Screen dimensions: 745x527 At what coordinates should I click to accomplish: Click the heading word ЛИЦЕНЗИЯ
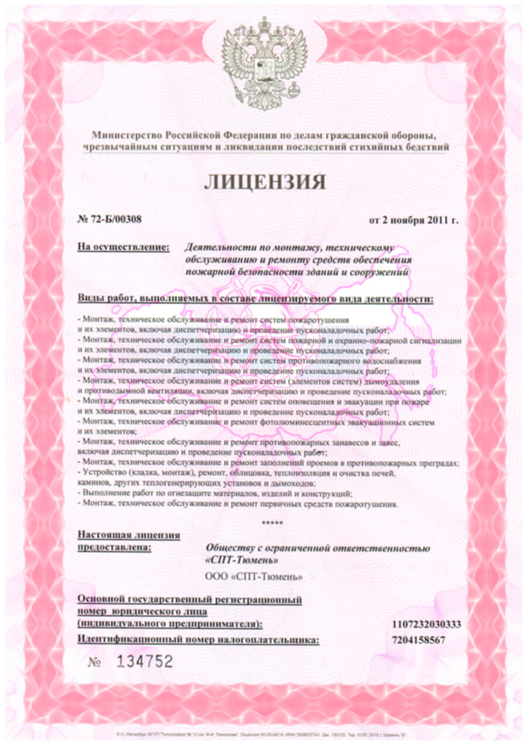tap(265, 182)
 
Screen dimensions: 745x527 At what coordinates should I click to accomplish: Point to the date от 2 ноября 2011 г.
tap(413, 221)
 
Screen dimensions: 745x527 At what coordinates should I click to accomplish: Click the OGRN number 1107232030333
tap(426, 624)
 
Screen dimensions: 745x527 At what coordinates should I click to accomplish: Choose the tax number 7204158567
tap(419, 640)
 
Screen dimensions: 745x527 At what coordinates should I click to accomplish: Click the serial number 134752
tap(145, 662)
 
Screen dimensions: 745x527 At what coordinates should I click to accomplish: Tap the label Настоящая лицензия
tap(129, 535)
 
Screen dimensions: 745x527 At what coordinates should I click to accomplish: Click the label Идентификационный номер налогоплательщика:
tap(199, 640)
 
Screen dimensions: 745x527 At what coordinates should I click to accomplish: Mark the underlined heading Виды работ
tap(105, 300)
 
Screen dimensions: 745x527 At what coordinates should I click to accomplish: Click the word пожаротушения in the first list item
tap(319, 321)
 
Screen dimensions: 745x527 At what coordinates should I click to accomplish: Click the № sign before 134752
tap(95, 662)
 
